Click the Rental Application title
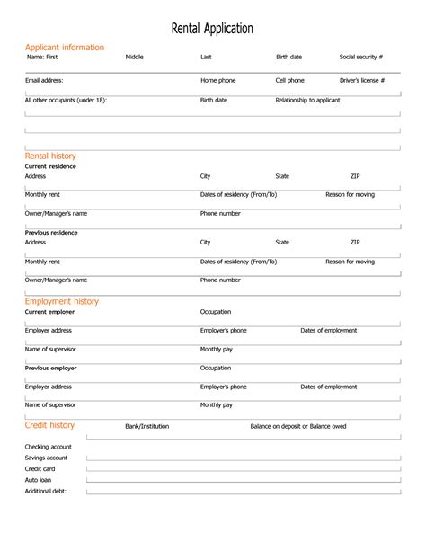[212, 29]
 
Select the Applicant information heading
[65, 48]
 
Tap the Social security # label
[361, 57]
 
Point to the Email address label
[44, 80]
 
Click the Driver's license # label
[362, 80]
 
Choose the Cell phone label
[289, 80]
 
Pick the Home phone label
[217, 80]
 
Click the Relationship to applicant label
[307, 100]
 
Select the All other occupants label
[66, 100]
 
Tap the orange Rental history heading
[50, 156]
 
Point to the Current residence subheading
[50, 166]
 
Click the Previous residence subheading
[51, 233]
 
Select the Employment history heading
[62, 301]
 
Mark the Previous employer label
[50, 368]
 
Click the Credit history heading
[49, 425]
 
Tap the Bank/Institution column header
[146, 426]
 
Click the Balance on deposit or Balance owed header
[297, 426]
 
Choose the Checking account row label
[49, 447]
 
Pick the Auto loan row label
[39, 480]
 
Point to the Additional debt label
[46, 491]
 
